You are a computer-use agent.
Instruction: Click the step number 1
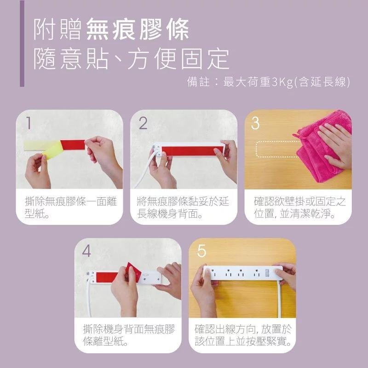click(29, 123)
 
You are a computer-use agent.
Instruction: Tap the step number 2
click(143, 123)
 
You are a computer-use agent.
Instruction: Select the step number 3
click(256, 123)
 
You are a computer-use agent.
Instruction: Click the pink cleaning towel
click(322, 143)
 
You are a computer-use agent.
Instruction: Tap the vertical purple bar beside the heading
click(22, 44)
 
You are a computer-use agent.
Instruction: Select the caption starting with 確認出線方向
click(242, 336)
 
